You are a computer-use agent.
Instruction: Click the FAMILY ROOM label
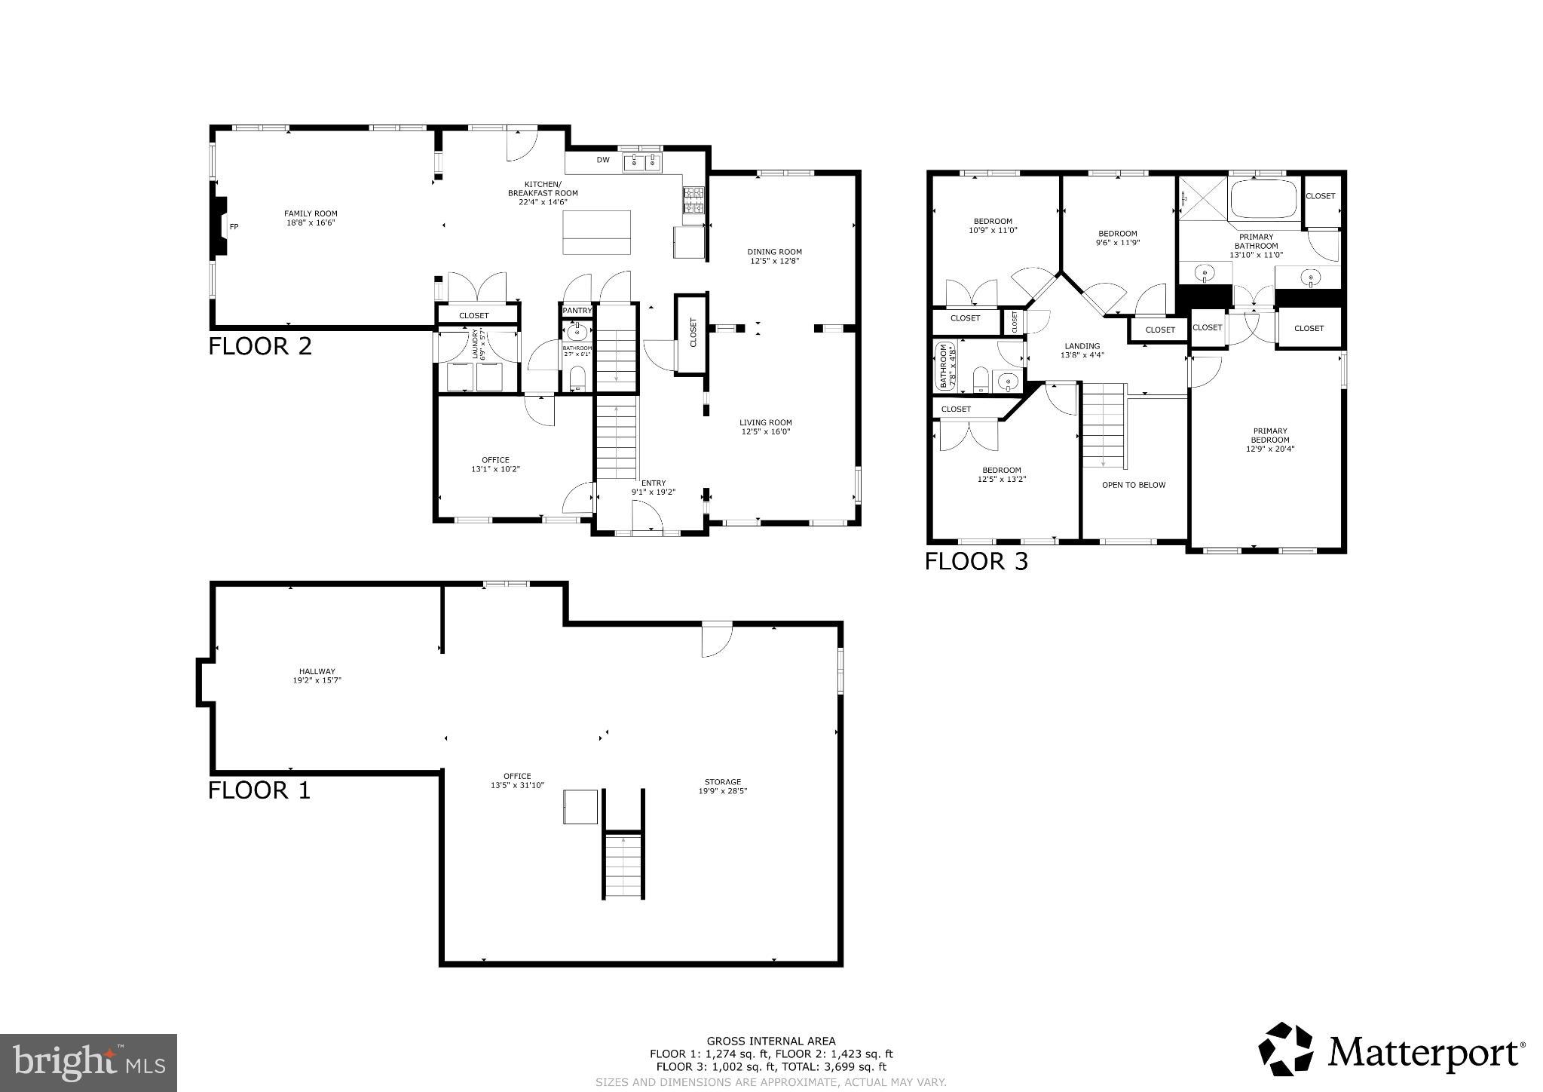tap(310, 213)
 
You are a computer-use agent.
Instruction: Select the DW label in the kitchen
tap(602, 160)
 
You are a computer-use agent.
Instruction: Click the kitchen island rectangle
tap(596, 233)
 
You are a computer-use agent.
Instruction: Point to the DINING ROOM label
tap(774, 252)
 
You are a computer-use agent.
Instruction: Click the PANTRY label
tap(577, 311)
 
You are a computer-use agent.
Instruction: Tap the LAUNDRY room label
tap(475, 344)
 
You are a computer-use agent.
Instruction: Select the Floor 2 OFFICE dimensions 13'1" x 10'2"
tap(495, 469)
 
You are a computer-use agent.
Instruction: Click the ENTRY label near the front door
tap(653, 483)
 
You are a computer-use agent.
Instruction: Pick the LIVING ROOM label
tap(765, 422)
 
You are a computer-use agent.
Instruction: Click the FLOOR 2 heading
tap(259, 347)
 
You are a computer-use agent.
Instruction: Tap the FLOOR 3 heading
tap(975, 562)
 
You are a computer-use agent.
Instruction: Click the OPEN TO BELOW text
tap(1133, 485)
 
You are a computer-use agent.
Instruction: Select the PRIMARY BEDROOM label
tap(1269, 435)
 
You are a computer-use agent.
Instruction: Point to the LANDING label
tap(1082, 346)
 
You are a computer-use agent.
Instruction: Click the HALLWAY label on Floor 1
tap(317, 671)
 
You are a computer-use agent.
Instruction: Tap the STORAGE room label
tap(722, 782)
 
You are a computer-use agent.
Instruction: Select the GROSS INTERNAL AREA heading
tap(770, 1041)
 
